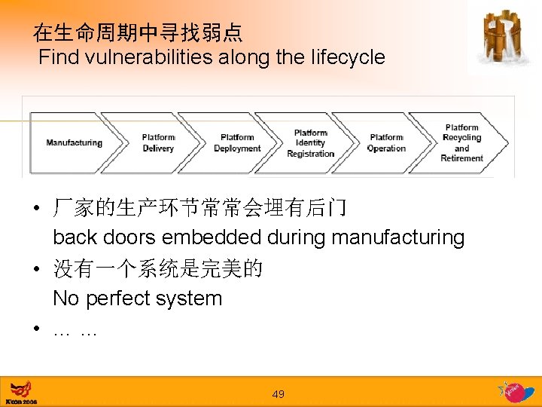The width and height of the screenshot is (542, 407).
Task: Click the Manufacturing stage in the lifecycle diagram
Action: click(x=73, y=143)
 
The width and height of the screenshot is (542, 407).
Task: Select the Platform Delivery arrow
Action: click(x=158, y=143)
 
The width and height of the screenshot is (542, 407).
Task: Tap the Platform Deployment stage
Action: click(x=237, y=143)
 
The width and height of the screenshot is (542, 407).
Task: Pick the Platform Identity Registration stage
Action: click(x=310, y=143)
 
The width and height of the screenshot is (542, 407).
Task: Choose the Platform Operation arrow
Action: click(x=386, y=143)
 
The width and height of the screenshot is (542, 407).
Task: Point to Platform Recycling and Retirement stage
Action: click(x=461, y=143)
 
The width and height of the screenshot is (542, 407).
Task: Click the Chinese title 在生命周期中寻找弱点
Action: click(x=138, y=32)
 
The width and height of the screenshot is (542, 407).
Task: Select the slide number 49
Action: click(x=279, y=394)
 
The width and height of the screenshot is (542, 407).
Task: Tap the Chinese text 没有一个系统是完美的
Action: click(x=157, y=268)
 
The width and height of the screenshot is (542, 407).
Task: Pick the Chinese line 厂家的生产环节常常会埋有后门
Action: click(x=199, y=207)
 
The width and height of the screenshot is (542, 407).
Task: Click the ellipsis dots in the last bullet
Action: click(x=75, y=330)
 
